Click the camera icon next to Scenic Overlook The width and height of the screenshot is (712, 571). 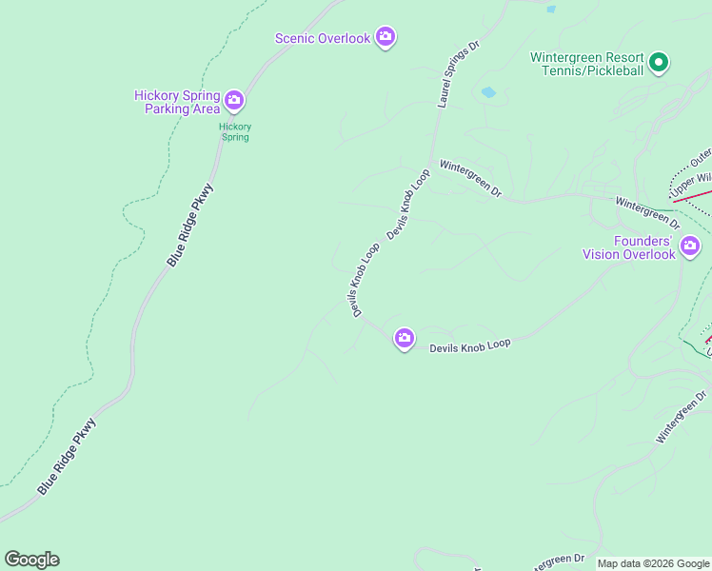pyautogui.click(x=385, y=37)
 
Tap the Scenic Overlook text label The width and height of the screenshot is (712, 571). pyautogui.click(x=322, y=38)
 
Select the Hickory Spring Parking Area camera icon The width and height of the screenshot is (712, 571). pyautogui.click(x=234, y=100)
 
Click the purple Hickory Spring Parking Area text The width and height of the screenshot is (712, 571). pyautogui.click(x=177, y=102)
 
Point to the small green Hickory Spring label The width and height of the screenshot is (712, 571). pyautogui.click(x=234, y=131)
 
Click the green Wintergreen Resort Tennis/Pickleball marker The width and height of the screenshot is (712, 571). pyautogui.click(x=659, y=64)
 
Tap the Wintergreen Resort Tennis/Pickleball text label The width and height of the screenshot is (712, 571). pyautogui.click(x=587, y=64)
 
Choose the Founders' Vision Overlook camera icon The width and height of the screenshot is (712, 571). pyautogui.click(x=690, y=247)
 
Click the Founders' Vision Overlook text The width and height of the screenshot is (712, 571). pyautogui.click(x=629, y=247)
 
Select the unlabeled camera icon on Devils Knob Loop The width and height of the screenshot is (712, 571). pyautogui.click(x=405, y=338)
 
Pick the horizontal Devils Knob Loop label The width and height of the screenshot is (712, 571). pyautogui.click(x=470, y=347)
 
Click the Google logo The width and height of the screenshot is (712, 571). pyautogui.click(x=32, y=560)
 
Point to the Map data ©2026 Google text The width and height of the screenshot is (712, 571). pyautogui.click(x=653, y=563)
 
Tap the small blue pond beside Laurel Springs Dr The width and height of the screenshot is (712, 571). pyautogui.click(x=488, y=92)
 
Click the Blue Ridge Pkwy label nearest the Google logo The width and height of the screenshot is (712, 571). pyautogui.click(x=68, y=456)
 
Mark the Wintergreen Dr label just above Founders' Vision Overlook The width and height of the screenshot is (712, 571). pyautogui.click(x=647, y=211)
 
